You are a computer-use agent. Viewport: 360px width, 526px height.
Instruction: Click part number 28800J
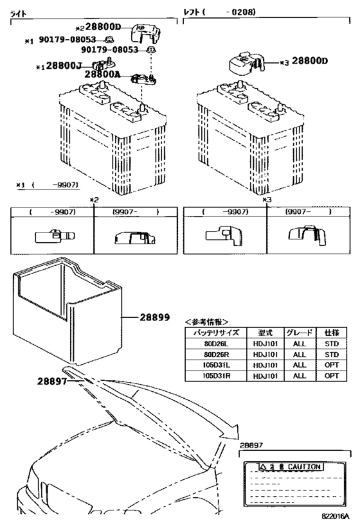tap(64, 66)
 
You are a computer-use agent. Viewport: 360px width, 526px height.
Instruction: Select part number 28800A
tap(102, 75)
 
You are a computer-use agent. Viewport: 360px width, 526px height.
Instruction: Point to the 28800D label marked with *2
tap(103, 28)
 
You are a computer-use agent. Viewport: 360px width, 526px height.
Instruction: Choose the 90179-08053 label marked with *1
tap(68, 40)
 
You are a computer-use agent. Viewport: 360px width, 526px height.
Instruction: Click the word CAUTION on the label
tap(304, 467)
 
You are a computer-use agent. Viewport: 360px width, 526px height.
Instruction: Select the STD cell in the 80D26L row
tap(330, 344)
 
